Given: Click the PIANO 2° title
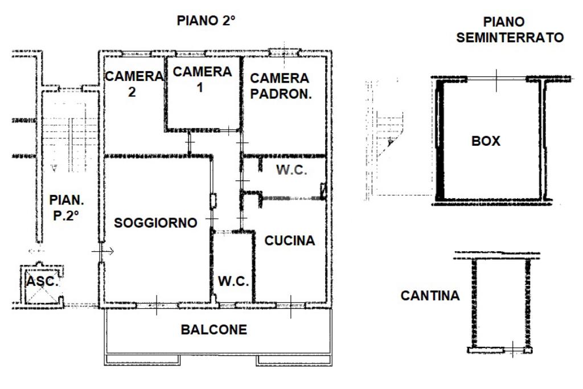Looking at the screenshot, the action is tap(207, 21).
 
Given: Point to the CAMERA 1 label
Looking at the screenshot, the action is tap(202, 80).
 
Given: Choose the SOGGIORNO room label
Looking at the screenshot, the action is tap(155, 223).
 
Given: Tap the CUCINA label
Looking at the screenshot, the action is tap(289, 241).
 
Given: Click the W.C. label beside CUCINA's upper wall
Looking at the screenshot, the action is tap(291, 170).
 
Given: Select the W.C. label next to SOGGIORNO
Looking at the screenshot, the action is tap(233, 281).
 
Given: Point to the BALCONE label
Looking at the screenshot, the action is tap(214, 330).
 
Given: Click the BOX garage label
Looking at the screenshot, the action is tap(486, 141).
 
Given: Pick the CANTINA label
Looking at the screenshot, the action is tap(430, 296).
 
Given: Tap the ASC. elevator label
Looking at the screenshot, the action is tap(43, 281).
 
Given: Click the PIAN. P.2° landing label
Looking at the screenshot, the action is tap(67, 207).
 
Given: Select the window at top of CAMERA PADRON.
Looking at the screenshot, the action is tap(285, 52).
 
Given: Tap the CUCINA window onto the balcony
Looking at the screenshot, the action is tap(290, 305).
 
